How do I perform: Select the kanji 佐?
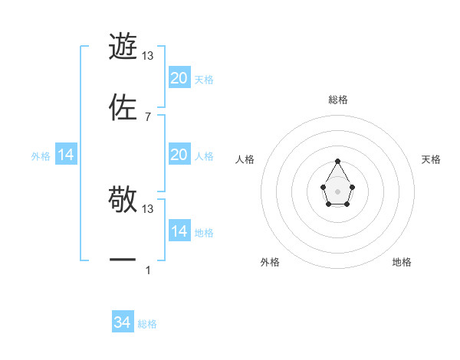tap(123, 107)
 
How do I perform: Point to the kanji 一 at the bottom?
tap(123, 260)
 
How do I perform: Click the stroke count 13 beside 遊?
tap(148, 55)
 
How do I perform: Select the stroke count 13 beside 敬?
tap(148, 208)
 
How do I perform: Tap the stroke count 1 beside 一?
tap(148, 270)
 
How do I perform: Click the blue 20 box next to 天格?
tap(179, 78)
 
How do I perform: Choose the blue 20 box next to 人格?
tap(179, 155)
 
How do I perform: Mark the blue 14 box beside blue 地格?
tap(179, 231)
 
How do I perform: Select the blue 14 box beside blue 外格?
tap(66, 155)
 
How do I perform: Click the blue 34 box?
tap(123, 322)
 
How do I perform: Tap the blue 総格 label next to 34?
tap(147, 324)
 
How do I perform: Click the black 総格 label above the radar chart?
tap(338, 100)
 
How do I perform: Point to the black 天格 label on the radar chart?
tap(431, 159)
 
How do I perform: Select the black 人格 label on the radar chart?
tap(245, 159)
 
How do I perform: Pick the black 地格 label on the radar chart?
tap(402, 262)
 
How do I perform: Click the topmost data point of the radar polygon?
tap(338, 161)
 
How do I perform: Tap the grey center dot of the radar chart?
tap(338, 190)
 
